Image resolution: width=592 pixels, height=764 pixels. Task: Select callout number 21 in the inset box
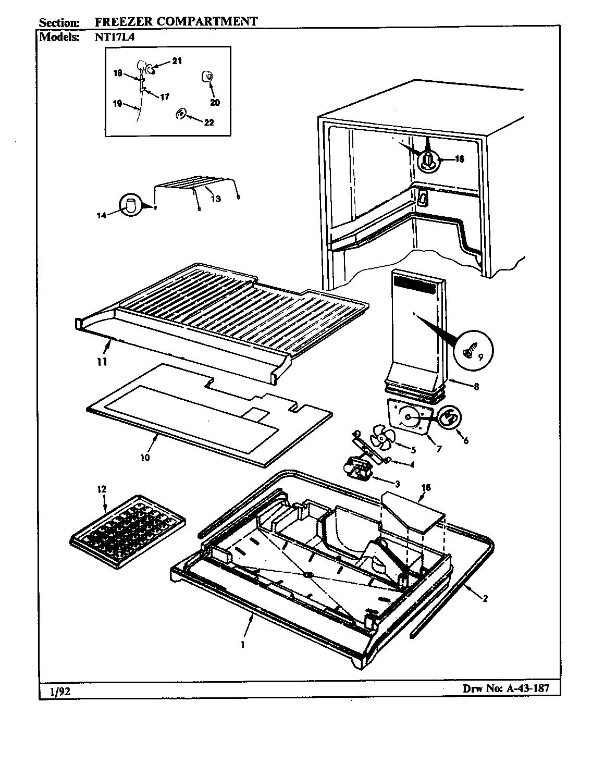coord(177,61)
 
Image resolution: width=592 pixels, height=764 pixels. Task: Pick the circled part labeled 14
coord(130,205)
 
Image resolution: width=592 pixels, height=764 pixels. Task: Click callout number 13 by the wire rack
coord(216,199)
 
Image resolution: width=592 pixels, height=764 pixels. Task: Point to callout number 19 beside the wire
coord(117,104)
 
